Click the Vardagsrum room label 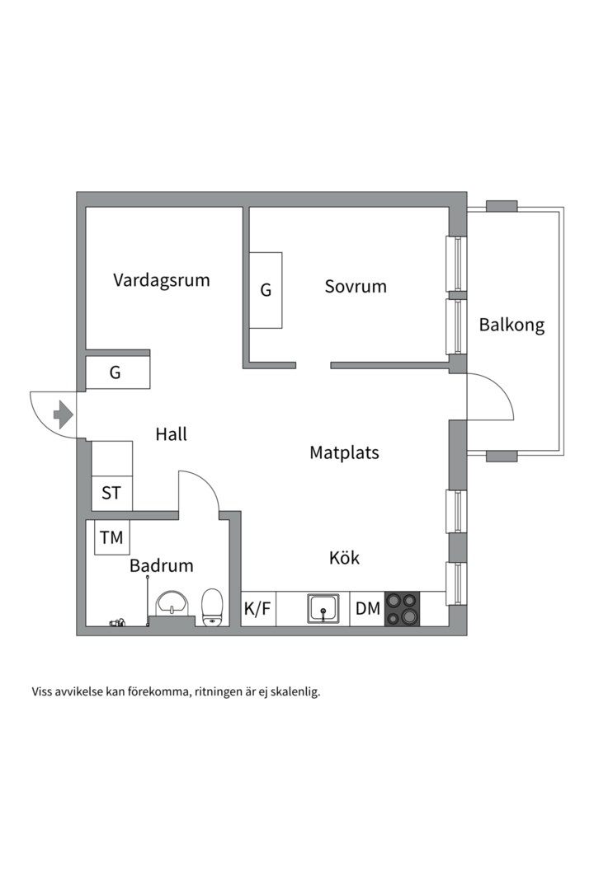(x=162, y=280)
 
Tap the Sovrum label (x=356, y=287)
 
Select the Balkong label (x=511, y=325)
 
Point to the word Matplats (x=344, y=452)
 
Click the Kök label (x=344, y=558)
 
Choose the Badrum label (x=161, y=566)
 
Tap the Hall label (x=171, y=434)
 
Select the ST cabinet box (x=111, y=494)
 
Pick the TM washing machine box (x=111, y=538)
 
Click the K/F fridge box (x=257, y=610)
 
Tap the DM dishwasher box (x=368, y=610)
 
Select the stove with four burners (x=403, y=610)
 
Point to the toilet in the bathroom (x=212, y=608)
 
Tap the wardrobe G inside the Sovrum (x=266, y=290)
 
